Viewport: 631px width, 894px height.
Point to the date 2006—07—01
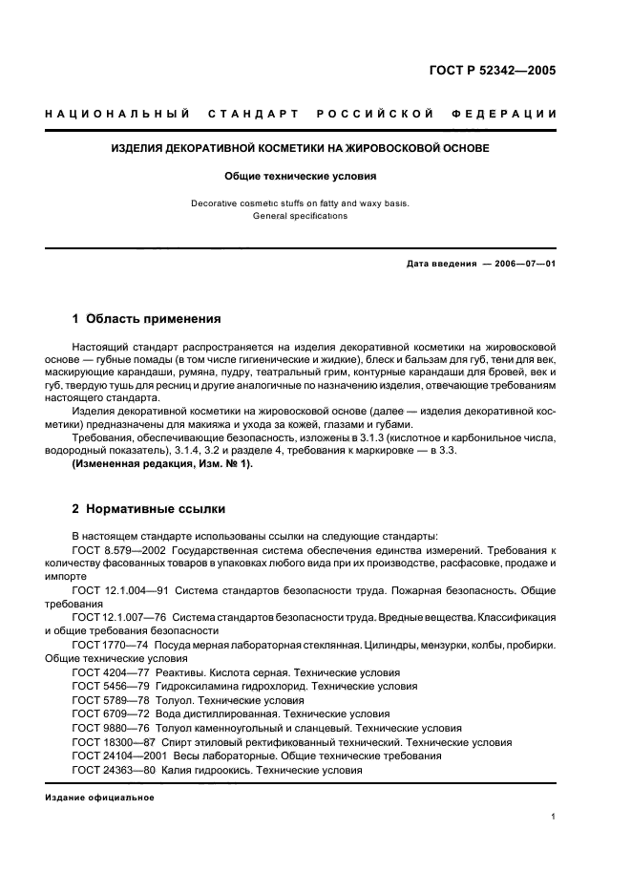coord(523,264)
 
